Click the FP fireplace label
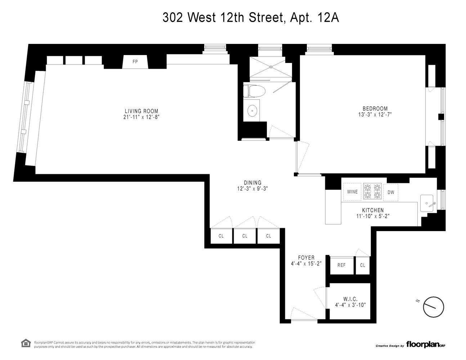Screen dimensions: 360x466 (135, 62)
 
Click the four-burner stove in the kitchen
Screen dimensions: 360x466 (372, 191)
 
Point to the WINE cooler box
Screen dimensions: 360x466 (352, 192)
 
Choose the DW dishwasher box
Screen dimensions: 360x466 (391, 192)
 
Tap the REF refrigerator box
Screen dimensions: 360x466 (341, 265)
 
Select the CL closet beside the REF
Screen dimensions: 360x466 (362, 265)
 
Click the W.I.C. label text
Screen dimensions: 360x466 (350, 298)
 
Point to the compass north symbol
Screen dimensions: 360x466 (433, 307)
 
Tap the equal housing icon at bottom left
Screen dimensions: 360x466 (26, 343)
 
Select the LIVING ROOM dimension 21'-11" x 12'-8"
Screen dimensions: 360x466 (141, 117)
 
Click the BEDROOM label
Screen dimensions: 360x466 (375, 108)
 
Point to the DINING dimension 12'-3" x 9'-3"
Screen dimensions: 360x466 (252, 188)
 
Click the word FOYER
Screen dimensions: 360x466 (306, 258)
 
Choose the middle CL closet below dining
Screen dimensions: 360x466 (245, 236)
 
